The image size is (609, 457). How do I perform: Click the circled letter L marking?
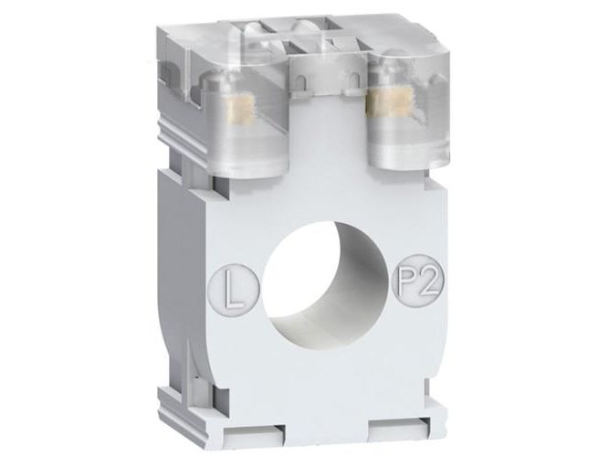235,288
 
